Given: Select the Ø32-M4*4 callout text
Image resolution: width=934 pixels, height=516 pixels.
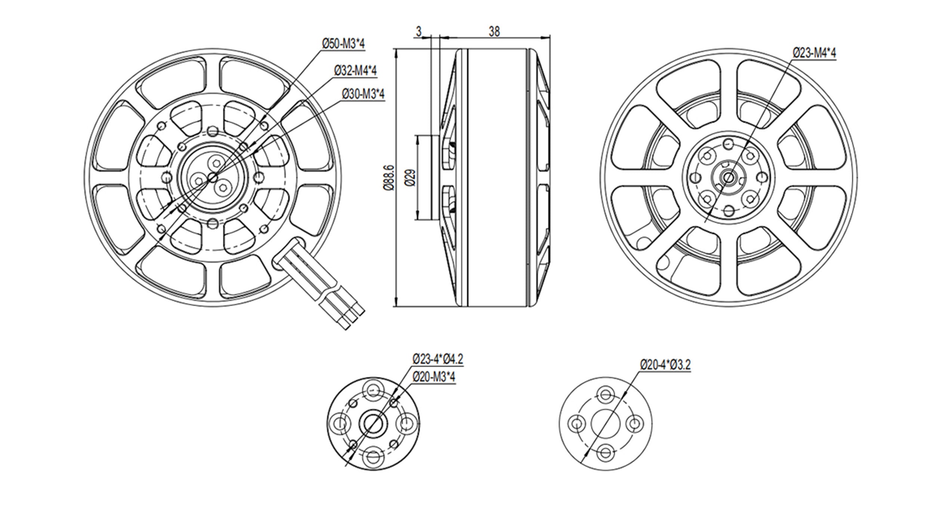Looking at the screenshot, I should [x=355, y=71].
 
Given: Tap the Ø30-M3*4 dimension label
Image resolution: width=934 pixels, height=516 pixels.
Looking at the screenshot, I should [x=363, y=94].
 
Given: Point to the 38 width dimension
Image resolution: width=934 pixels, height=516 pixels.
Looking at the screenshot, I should [x=494, y=32].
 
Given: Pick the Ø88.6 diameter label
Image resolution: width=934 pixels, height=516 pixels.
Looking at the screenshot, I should [x=389, y=178].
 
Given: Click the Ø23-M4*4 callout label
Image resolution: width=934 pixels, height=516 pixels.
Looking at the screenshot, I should [x=814, y=53].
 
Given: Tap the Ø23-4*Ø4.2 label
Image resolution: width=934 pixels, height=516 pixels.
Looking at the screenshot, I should [x=437, y=360].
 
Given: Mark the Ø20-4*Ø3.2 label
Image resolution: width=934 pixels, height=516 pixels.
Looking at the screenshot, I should [x=665, y=365].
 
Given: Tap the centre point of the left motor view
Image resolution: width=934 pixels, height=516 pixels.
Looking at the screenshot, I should [x=213, y=178].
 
